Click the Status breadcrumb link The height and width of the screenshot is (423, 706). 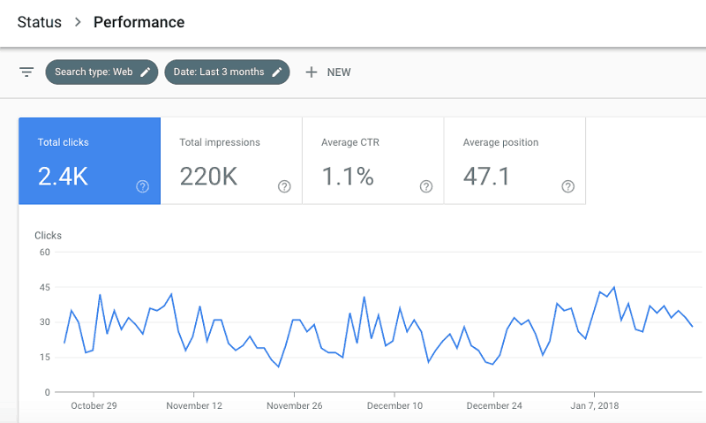pos(40,22)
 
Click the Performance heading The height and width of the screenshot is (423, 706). pos(139,22)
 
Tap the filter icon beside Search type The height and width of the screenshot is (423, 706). pos(26,72)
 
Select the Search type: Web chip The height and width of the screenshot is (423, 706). pos(101,72)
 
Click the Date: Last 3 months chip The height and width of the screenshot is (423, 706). pos(227,72)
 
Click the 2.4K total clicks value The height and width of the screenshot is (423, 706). pos(63,176)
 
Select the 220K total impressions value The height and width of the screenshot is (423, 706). pos(208,176)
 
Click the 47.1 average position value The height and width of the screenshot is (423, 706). pos(486,176)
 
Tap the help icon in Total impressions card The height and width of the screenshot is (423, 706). pos(284,186)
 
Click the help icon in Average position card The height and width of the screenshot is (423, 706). pos(568,186)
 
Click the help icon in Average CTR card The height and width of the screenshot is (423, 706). pos(426,186)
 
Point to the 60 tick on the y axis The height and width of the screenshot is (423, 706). pos(44,253)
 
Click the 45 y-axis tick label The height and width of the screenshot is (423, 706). pos(44,287)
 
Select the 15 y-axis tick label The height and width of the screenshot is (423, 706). pos(44,357)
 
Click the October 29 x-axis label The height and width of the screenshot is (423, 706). pos(94,406)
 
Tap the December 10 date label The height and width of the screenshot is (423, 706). pos(394,406)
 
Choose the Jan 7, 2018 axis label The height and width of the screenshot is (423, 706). pos(594,406)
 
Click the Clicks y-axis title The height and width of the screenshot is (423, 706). pos(48,236)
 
